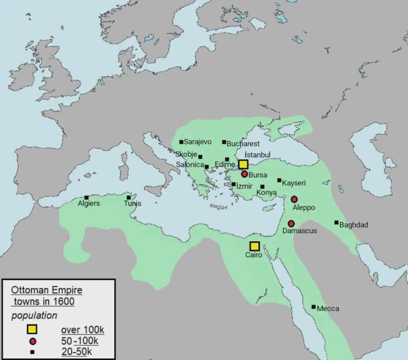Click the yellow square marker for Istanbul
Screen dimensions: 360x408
pyautogui.click(x=243, y=164)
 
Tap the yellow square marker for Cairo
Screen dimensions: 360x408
pyautogui.click(x=255, y=247)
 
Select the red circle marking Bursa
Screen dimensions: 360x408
pyautogui.click(x=245, y=174)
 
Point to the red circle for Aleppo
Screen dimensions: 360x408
pyautogui.click(x=294, y=199)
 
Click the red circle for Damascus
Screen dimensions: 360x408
pyautogui.click(x=291, y=223)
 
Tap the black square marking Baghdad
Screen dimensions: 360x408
pyautogui.click(x=336, y=222)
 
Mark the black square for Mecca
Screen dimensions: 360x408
pyautogui.click(x=314, y=307)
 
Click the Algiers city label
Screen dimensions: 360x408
pyautogui.click(x=89, y=203)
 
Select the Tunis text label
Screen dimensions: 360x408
pyautogui.click(x=132, y=203)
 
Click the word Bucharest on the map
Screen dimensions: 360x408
pyautogui.click(x=243, y=143)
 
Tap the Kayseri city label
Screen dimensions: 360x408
pyautogui.click(x=294, y=183)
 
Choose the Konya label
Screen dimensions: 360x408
pyautogui.click(x=267, y=193)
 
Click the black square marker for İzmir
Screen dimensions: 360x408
pyautogui.click(x=233, y=184)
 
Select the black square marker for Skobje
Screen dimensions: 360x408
pyautogui.click(x=200, y=157)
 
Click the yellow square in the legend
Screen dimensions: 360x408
pyautogui.click(x=32, y=329)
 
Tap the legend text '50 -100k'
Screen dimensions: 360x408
pyautogui.click(x=80, y=341)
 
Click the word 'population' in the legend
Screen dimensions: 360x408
pyautogui.click(x=34, y=316)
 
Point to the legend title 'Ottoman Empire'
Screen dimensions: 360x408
pyautogui.click(x=46, y=290)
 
